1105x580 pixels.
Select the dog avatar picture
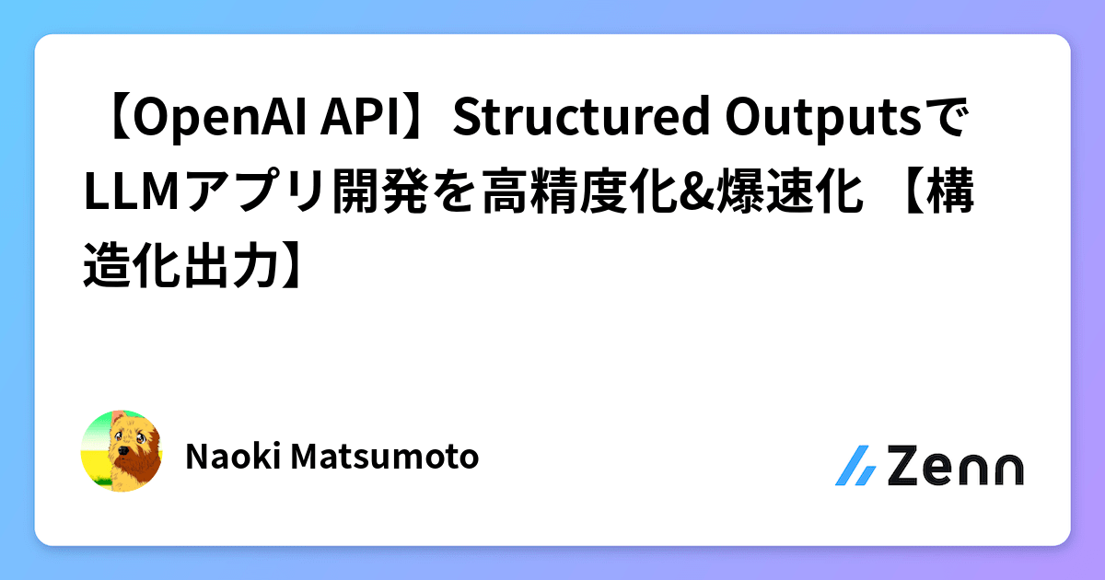coord(122,451)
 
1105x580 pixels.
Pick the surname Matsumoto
coord(386,455)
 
